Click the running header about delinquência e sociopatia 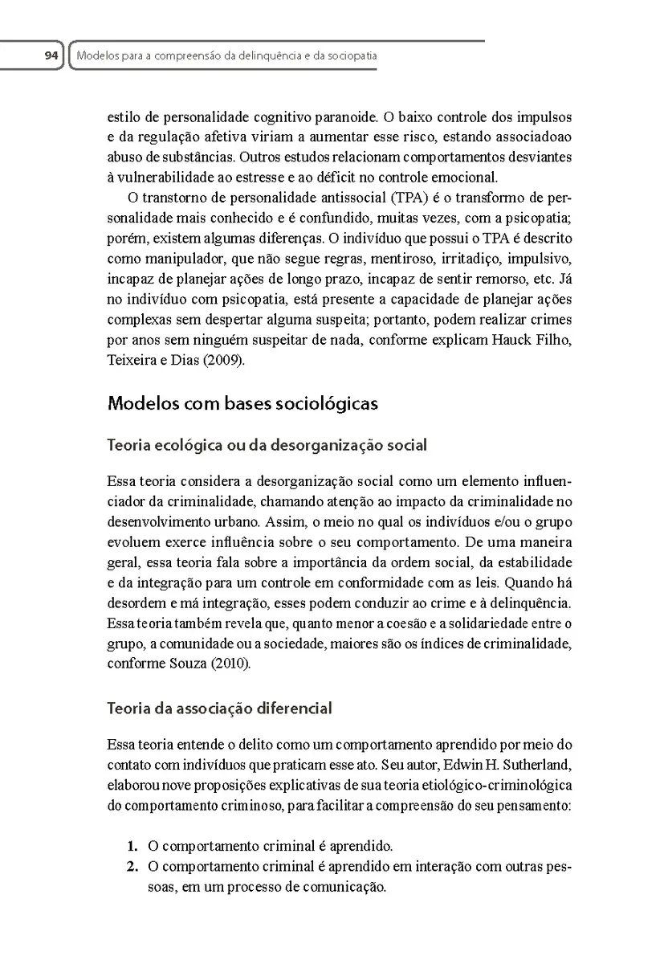click(226, 57)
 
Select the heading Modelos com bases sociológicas click(242, 403)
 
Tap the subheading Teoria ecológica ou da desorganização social click(267, 444)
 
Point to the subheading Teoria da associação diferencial click(219, 709)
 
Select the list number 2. click(132, 868)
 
